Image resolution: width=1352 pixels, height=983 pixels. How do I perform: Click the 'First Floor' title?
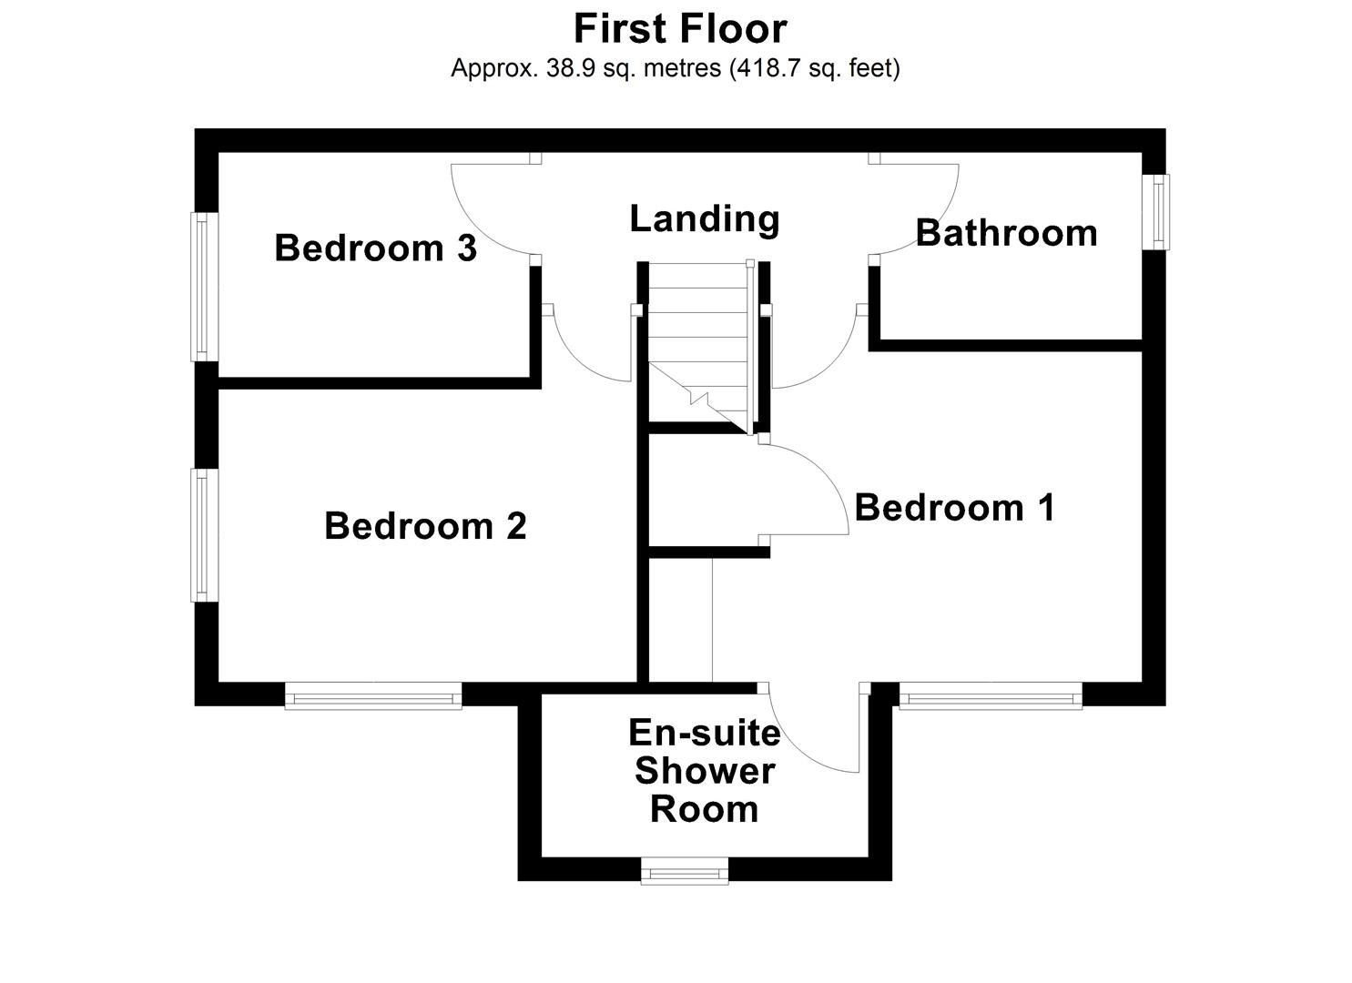679,28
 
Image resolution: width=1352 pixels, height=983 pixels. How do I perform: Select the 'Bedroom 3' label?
375,248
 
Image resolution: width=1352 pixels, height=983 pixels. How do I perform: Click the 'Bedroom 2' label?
425,526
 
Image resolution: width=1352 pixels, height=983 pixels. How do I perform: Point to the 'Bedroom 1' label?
954,507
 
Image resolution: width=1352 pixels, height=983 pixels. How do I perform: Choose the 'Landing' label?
705,218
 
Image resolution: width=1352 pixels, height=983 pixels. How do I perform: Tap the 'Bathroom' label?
1006,233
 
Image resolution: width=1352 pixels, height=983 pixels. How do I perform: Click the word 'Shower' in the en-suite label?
705,771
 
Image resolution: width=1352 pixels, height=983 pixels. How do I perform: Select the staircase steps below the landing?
696,328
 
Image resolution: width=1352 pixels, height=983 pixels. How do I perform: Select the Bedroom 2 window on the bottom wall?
373,699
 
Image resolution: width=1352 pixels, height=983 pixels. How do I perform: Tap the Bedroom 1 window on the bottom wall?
991,699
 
